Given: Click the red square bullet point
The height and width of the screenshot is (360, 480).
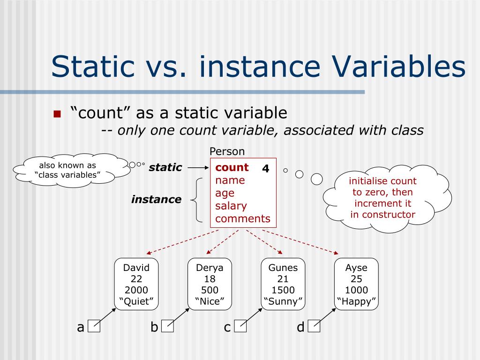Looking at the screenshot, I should (58, 114).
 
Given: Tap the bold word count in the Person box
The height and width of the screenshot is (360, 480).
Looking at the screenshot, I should (232, 168).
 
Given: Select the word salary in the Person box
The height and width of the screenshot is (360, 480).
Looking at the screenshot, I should (231, 206).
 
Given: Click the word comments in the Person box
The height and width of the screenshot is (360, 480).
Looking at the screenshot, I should (243, 218).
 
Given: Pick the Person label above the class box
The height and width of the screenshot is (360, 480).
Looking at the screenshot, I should (227, 151).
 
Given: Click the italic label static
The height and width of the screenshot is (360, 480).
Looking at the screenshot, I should (165, 167).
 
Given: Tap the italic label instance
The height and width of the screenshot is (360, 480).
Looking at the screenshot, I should (156, 199).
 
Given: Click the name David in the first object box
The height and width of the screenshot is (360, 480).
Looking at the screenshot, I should (136, 268).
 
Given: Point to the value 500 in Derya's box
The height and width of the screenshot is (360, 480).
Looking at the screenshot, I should (210, 290).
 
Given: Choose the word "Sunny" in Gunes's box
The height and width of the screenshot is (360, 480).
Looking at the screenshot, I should (283, 301).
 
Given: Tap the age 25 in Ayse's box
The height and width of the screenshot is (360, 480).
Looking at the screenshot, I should (356, 279).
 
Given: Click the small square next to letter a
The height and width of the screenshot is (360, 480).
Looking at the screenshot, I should (94, 326).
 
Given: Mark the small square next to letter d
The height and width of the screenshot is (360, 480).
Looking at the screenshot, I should (314, 326).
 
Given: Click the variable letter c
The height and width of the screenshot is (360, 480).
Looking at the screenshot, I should (227, 327).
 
